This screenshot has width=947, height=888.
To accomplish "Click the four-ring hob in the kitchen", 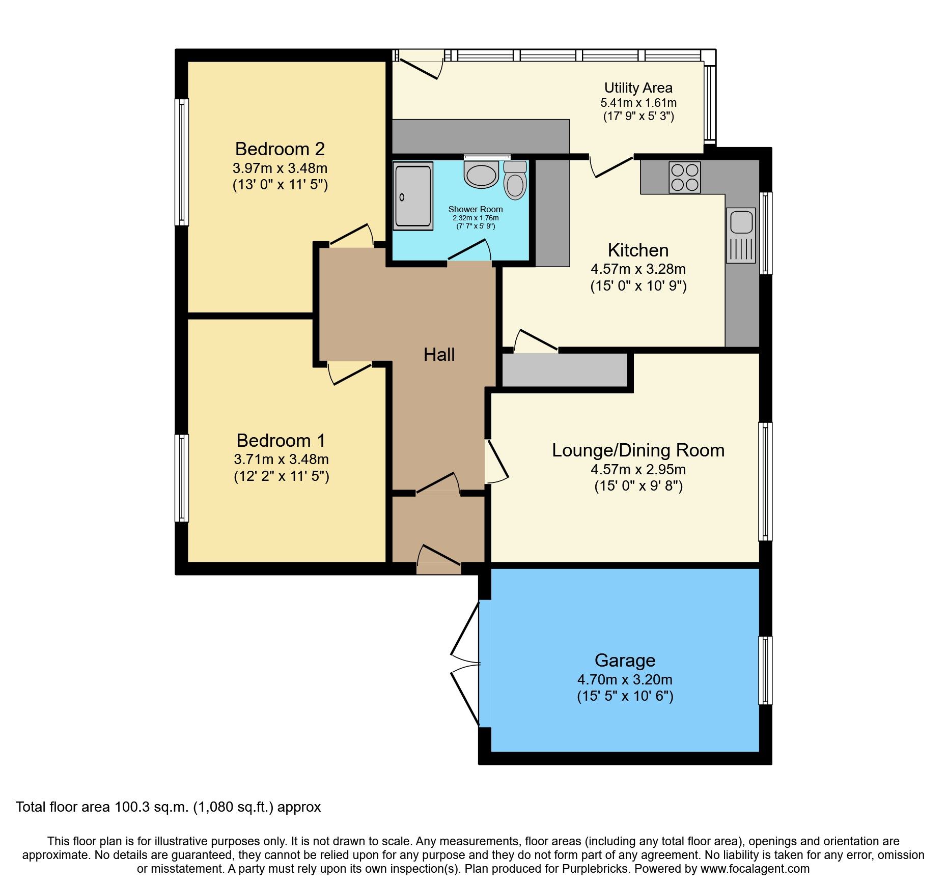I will click(x=685, y=177).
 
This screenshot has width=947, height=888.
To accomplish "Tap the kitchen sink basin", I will click(x=741, y=222).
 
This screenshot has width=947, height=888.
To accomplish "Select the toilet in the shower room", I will click(x=515, y=182).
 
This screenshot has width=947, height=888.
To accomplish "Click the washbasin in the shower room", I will click(x=481, y=175).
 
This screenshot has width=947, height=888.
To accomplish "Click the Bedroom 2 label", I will click(x=280, y=149).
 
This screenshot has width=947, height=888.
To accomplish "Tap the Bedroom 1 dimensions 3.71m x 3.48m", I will click(x=281, y=459).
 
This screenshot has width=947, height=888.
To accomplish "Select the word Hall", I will click(x=439, y=355).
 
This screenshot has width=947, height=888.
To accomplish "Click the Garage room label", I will click(x=625, y=661).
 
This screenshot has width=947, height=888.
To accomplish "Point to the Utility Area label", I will click(x=638, y=88).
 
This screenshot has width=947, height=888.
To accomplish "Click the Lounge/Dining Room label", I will click(x=638, y=450).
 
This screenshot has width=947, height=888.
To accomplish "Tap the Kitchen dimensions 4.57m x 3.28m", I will click(x=638, y=269).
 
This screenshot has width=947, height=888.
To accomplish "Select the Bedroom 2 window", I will click(x=182, y=162).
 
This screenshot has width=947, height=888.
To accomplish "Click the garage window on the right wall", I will click(x=765, y=670).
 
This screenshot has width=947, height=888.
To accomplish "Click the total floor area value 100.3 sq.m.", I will click(x=152, y=807).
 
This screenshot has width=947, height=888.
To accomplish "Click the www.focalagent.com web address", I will click(x=755, y=869).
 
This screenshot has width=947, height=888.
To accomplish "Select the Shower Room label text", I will click(x=475, y=209).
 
